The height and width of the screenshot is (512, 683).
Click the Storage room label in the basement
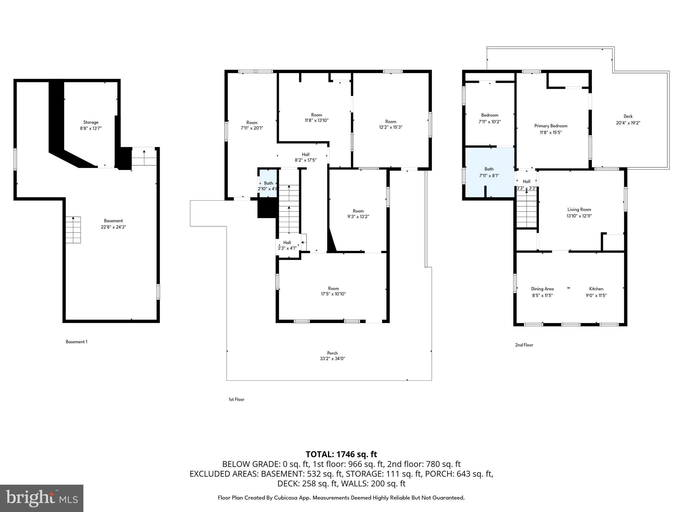(x=91, y=125)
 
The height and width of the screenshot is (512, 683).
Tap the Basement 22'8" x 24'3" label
(x=113, y=224)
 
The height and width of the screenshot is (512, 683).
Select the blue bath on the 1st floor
(x=268, y=184)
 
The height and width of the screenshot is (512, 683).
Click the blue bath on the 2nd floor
(x=489, y=172)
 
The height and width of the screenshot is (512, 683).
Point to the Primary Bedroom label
(x=551, y=129)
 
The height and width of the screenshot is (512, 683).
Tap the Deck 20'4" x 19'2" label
(x=628, y=119)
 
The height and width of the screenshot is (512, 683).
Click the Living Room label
(x=579, y=213)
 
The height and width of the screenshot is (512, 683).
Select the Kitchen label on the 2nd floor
(x=596, y=292)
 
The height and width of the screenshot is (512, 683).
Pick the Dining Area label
(x=542, y=292)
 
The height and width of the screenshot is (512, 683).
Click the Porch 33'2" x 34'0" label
(x=332, y=356)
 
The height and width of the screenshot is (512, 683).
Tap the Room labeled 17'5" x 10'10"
(x=333, y=291)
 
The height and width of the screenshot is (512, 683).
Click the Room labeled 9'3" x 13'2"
(x=358, y=214)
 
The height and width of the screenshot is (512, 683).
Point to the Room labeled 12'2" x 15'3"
(x=391, y=124)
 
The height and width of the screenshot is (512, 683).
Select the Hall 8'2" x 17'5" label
(x=305, y=157)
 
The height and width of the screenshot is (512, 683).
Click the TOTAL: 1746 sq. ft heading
(x=341, y=454)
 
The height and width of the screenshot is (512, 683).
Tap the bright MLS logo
(x=42, y=498)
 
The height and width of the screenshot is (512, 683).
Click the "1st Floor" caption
(x=236, y=399)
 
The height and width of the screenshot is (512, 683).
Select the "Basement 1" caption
(x=76, y=342)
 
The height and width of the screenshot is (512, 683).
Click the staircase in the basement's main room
(x=73, y=230)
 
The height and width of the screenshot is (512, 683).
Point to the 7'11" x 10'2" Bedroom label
(x=490, y=118)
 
